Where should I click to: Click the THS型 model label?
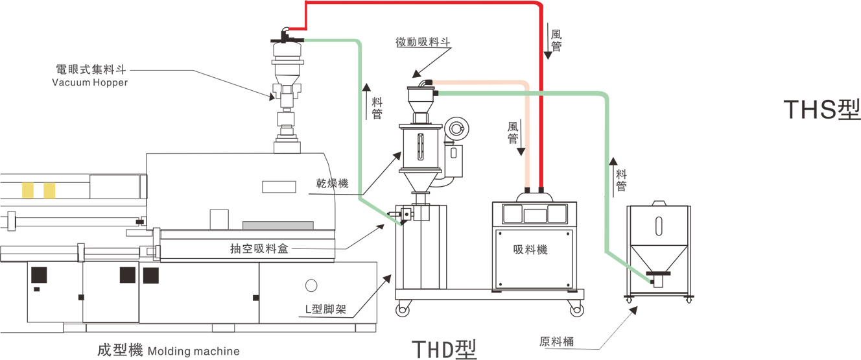coord(821,110)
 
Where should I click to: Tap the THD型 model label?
coord(444,348)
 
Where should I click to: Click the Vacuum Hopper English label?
coord(90,82)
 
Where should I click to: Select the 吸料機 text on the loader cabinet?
coord(530,249)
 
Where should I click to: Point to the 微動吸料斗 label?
coord(423,42)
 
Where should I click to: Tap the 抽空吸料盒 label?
coord(259,248)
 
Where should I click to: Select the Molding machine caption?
coord(193,352)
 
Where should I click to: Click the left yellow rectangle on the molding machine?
coord(28,190)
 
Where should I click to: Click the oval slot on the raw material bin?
coord(659,225)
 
